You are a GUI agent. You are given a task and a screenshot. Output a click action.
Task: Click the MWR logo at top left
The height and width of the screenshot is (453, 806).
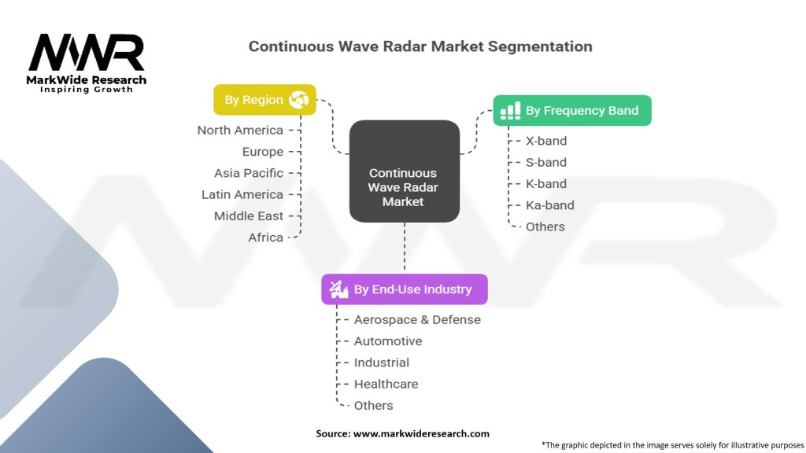[87, 53]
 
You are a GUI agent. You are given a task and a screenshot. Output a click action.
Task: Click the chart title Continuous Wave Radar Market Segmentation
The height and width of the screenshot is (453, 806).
[420, 46]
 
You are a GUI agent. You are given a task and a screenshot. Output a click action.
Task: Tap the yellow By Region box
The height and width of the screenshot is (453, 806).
[264, 100]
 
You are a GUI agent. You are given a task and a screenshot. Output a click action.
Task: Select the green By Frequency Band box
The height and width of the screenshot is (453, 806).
[572, 111]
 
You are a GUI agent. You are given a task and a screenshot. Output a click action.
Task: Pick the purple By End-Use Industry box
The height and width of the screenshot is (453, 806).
[404, 289]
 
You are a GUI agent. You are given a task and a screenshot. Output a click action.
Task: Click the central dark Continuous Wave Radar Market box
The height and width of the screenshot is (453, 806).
[403, 187]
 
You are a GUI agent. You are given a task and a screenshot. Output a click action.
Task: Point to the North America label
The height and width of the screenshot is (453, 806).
[240, 131]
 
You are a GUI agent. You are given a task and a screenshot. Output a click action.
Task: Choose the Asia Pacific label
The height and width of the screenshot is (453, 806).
[249, 173]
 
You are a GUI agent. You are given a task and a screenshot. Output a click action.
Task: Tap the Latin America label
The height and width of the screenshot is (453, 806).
[242, 194]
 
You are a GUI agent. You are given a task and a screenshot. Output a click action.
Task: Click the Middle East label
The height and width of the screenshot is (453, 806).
[249, 215]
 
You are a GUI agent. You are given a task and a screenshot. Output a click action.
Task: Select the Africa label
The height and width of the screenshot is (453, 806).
[265, 238]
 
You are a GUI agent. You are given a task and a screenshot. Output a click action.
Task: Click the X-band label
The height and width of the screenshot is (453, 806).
[546, 141]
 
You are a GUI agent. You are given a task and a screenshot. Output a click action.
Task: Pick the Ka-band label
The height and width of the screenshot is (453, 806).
[550, 205]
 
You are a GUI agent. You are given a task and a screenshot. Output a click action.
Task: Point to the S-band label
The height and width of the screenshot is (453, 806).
[546, 162]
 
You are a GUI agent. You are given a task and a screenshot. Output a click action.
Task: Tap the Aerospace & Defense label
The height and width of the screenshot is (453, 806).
[417, 319]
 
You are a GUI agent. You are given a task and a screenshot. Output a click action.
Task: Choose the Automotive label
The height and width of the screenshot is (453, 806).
[388, 341]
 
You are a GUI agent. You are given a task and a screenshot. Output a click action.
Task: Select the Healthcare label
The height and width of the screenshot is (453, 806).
[386, 384]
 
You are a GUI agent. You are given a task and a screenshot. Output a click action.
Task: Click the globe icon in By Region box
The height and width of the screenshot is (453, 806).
[298, 100]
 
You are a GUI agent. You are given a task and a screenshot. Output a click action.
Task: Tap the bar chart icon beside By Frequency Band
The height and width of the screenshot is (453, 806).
[511, 111]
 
